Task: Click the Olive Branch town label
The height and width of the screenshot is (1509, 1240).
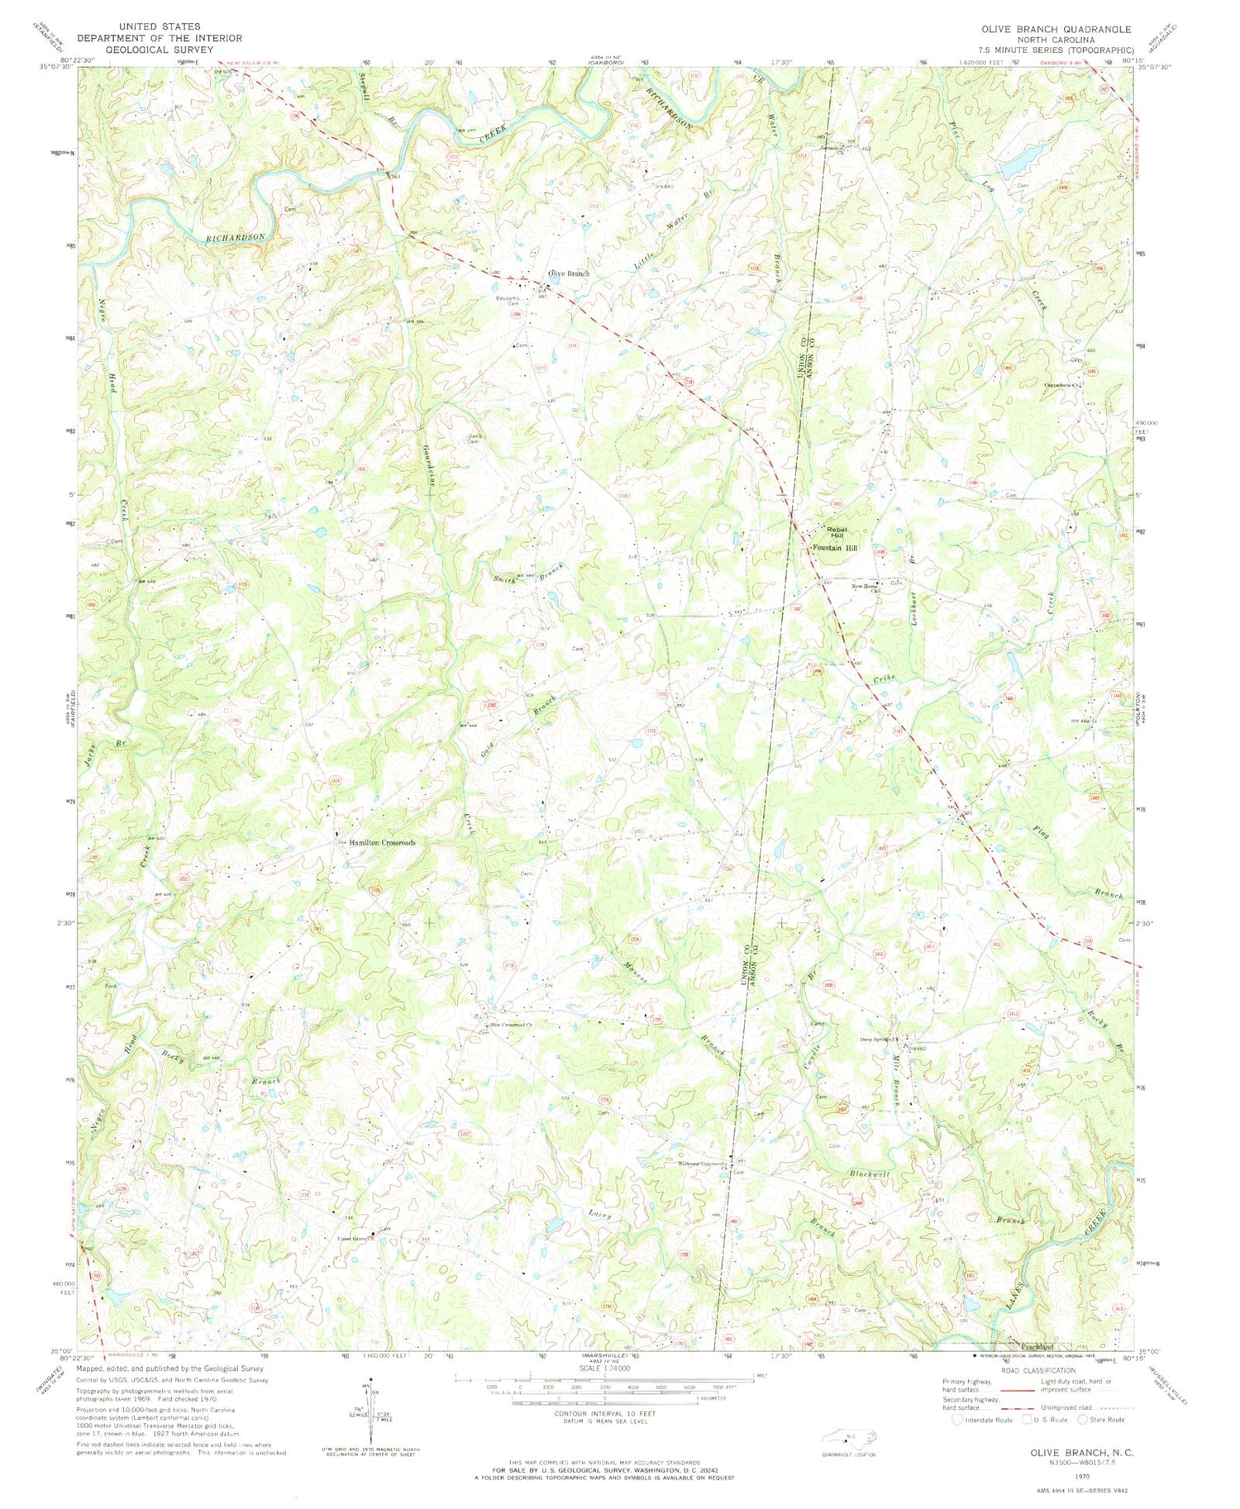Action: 565,274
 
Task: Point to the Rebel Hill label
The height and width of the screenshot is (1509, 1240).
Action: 831,532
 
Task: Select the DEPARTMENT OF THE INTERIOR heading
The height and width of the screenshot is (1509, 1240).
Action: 160,38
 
